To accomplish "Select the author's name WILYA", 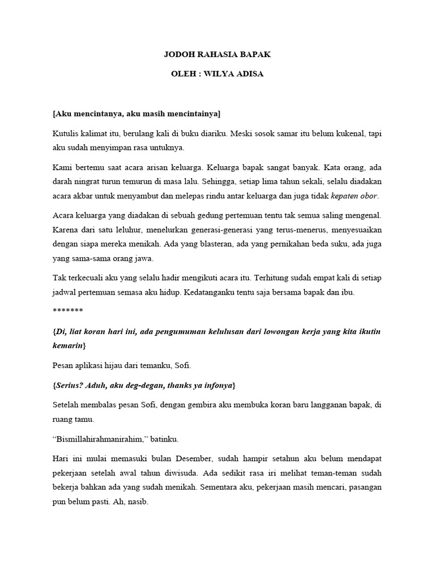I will coord(224,75).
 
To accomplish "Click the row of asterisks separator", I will coord(67,311).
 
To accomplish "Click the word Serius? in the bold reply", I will coord(71,385).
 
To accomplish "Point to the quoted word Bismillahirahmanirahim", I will coord(99,439).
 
